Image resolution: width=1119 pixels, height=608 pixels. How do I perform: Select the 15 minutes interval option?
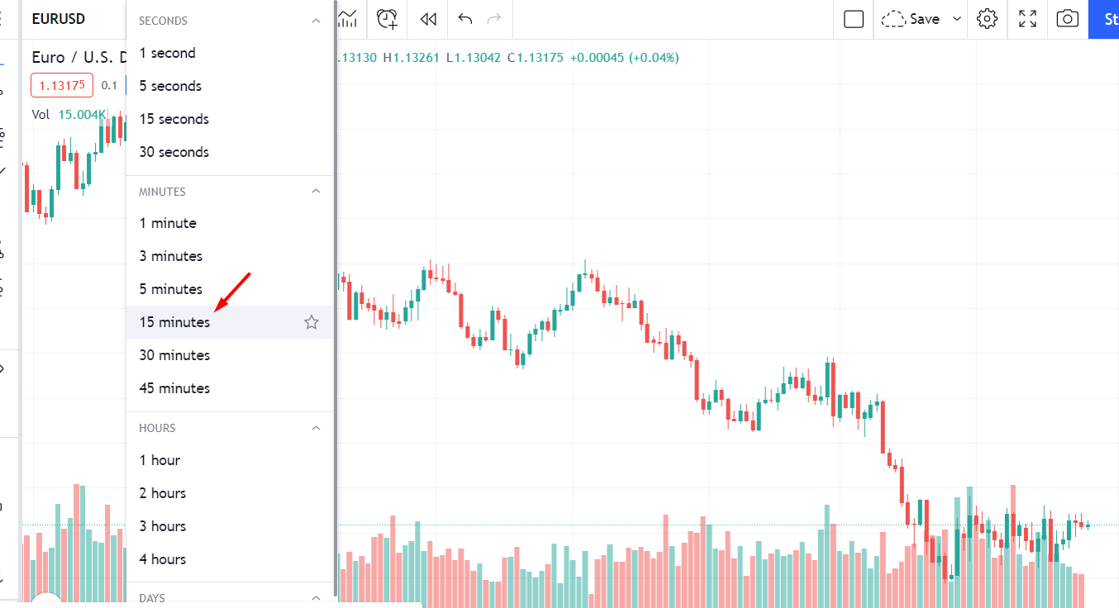174,322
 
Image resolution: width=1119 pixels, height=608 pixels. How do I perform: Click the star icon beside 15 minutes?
312,322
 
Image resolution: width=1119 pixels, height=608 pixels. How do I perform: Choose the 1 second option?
167,53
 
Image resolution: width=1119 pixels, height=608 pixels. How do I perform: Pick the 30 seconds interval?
174,152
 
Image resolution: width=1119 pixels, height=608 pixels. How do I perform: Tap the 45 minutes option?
174,388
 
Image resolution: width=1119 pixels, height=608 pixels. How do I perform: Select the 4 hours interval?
162,559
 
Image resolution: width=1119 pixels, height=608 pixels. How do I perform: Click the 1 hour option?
160,460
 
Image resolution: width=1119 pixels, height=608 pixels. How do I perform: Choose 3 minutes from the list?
170,256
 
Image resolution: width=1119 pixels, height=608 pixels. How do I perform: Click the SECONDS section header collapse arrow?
315,21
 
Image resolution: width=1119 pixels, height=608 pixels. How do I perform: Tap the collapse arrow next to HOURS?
315,428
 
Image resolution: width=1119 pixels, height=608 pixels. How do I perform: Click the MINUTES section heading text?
162,192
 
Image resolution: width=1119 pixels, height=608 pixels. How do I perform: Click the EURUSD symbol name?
59,19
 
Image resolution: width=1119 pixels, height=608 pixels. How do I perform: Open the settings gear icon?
987,19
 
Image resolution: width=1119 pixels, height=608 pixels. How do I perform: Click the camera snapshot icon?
1068,19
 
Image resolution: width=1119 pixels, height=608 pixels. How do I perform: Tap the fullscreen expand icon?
1027,19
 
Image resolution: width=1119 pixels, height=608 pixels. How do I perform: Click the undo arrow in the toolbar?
465,19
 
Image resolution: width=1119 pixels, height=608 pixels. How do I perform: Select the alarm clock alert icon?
387,19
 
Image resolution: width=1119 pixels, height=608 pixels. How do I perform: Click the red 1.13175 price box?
62,85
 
